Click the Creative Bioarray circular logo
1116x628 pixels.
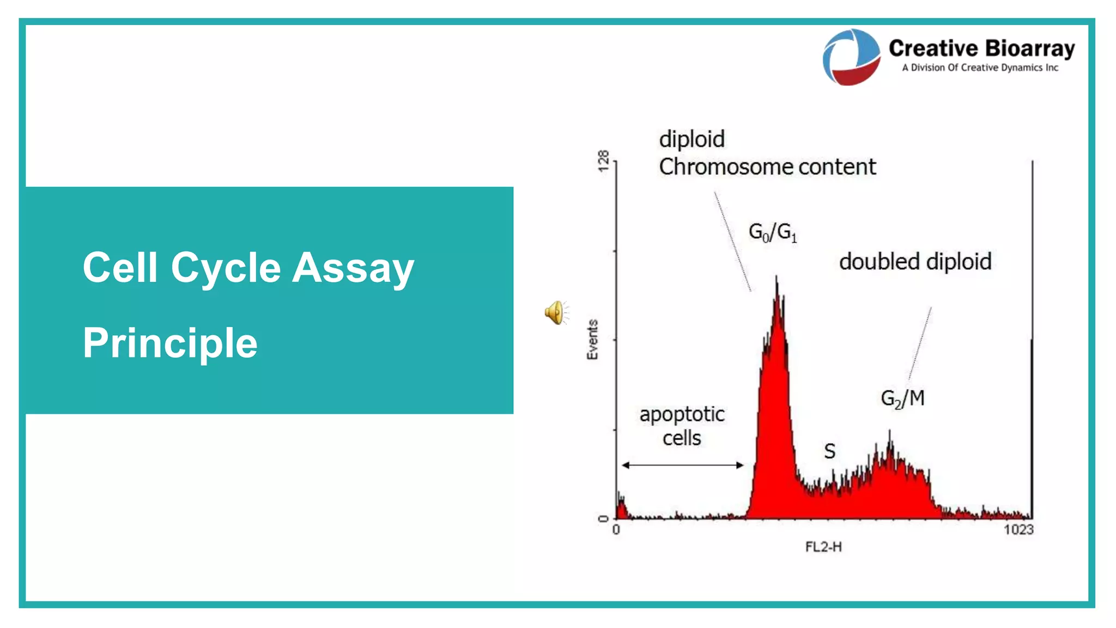click(851, 57)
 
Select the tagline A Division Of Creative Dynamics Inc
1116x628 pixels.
click(980, 68)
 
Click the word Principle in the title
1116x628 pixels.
click(170, 343)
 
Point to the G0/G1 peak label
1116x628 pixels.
click(772, 232)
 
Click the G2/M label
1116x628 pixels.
click(902, 398)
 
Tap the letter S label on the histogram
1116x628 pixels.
click(829, 451)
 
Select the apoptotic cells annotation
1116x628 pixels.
click(682, 426)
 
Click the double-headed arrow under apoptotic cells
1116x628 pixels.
click(682, 465)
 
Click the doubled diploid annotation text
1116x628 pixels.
click(915, 262)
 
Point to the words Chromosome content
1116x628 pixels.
click(767, 167)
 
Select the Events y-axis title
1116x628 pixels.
click(592, 340)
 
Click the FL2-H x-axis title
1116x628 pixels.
click(823, 547)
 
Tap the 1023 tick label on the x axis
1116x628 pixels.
click(1018, 530)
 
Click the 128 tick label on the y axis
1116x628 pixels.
click(603, 161)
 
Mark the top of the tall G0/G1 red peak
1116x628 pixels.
click(777, 279)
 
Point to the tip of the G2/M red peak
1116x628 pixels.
click(890, 432)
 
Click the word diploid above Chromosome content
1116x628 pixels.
click(692, 140)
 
